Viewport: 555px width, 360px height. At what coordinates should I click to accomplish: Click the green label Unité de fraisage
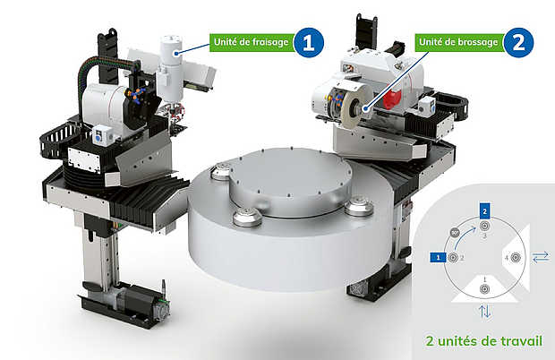pos(252,42)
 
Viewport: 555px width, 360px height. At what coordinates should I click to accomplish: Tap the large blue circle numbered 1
pos(309,42)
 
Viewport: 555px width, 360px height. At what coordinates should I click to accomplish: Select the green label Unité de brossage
pos(459,42)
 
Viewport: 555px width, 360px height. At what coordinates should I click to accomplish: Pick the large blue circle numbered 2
pos(518,42)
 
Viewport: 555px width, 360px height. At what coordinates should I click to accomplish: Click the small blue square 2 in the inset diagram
pos(484,211)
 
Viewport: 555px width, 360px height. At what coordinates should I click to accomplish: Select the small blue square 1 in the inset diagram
pos(439,257)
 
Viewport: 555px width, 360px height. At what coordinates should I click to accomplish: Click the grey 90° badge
pos(455,233)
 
